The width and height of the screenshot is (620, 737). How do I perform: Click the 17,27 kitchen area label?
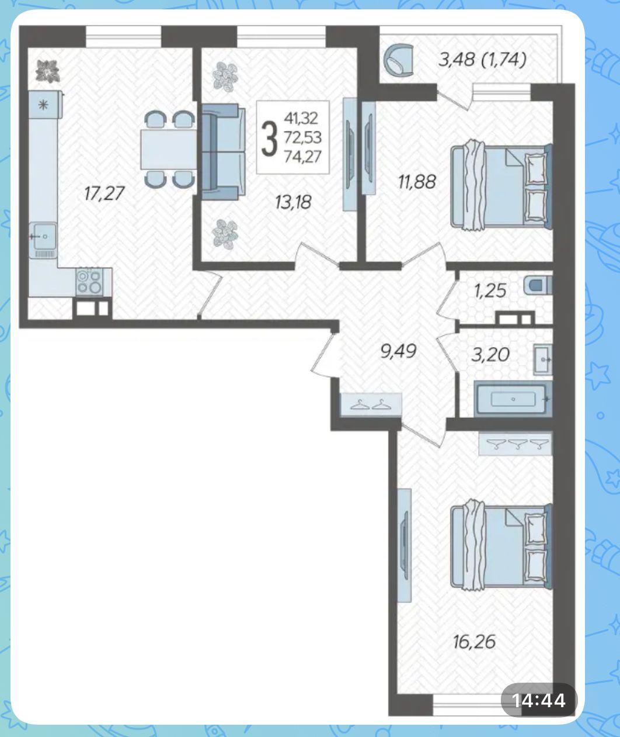click(x=105, y=193)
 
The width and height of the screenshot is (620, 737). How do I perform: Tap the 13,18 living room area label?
click(x=293, y=203)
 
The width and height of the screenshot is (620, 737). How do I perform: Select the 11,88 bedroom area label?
click(x=417, y=182)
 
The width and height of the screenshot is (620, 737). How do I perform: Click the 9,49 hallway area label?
click(x=399, y=351)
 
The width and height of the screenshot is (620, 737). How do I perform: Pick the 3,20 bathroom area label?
click(x=490, y=354)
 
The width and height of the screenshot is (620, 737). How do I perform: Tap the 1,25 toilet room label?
click(x=490, y=291)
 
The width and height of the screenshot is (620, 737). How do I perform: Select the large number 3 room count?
click(x=270, y=138)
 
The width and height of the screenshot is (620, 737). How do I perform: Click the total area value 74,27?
click(x=303, y=157)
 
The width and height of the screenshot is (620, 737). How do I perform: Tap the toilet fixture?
click(x=538, y=285)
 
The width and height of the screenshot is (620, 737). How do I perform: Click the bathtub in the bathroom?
click(x=513, y=399)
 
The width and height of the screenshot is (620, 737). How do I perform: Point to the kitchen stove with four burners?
click(x=89, y=282)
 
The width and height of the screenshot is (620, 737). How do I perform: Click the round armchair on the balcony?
click(x=399, y=60)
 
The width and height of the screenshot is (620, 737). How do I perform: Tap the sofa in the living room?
click(x=224, y=152)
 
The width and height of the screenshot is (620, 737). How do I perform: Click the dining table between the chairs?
click(x=169, y=149)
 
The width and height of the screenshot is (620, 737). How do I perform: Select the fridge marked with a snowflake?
click(x=44, y=105)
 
